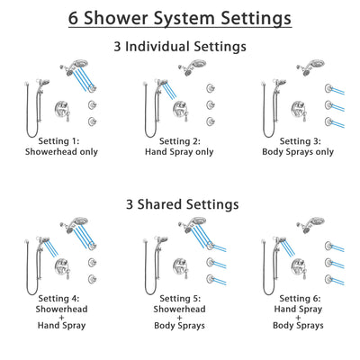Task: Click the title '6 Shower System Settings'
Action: coord(180,18)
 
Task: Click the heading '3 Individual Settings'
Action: coord(180,47)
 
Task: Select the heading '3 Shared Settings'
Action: coord(180,204)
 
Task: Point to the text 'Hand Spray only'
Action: coord(180,154)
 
